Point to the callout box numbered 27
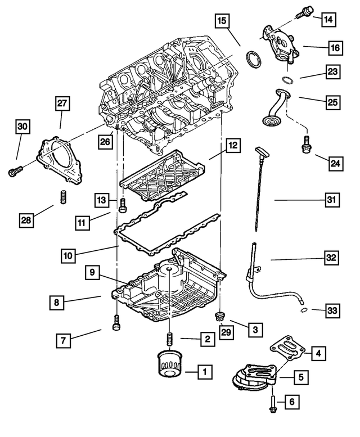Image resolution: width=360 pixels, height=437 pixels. [62, 103]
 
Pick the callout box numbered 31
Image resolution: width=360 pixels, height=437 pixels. [332, 200]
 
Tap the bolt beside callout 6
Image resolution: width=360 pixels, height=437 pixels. [272, 400]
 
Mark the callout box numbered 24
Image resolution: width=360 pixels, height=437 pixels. [336, 164]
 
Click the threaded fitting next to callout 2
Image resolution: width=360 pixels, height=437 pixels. [167, 340]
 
